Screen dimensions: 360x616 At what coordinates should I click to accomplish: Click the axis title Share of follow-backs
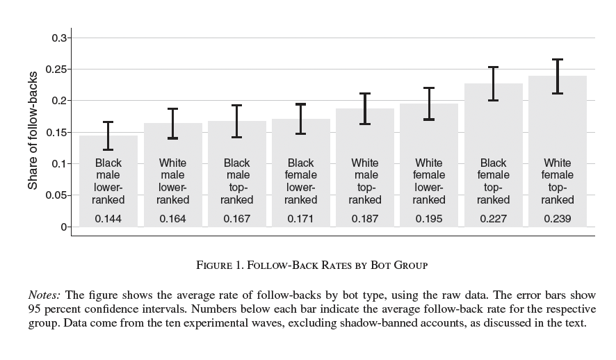coord(32,131)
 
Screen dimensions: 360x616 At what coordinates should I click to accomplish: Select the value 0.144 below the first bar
coord(108,219)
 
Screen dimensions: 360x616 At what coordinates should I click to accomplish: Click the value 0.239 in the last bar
coord(558,219)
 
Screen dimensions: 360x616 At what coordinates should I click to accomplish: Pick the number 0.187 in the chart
coord(365,219)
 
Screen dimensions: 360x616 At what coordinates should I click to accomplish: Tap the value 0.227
coord(494,219)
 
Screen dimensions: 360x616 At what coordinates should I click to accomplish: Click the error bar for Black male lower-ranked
coord(108,136)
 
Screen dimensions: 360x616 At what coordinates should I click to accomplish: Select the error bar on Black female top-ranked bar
coord(494,83)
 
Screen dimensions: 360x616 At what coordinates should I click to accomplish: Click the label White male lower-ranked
coord(172,181)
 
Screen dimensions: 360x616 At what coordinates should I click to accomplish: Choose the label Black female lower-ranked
coord(300,181)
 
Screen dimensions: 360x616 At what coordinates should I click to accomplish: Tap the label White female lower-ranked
coord(429,181)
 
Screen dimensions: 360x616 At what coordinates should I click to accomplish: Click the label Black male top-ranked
coord(236,181)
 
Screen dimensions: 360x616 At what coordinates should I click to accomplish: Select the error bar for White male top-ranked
coord(365,108)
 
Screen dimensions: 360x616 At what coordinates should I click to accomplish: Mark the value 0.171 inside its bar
coord(300,219)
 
